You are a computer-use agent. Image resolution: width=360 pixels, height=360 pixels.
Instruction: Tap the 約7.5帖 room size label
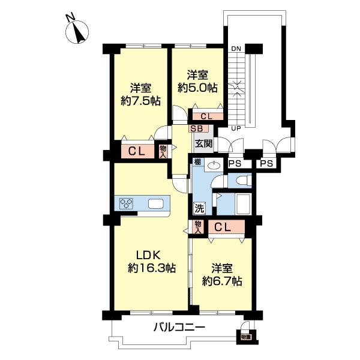[x=140, y=101]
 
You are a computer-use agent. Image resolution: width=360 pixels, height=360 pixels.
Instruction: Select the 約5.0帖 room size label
[x=198, y=88]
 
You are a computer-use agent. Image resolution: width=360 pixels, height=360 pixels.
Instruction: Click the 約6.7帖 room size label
[x=222, y=280]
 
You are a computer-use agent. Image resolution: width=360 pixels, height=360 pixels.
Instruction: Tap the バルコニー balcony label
[x=179, y=328]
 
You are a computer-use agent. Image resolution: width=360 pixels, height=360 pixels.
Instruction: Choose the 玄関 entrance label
[x=203, y=143]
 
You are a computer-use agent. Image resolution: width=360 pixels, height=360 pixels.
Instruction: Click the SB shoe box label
[x=196, y=128]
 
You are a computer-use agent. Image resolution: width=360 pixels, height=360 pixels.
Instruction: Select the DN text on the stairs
[x=236, y=47]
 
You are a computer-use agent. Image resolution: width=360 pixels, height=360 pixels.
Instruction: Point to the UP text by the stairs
[x=236, y=128]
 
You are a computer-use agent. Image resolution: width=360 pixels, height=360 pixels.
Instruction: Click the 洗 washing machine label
[x=199, y=209]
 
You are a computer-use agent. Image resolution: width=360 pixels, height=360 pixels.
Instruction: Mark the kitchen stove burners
[x=127, y=203]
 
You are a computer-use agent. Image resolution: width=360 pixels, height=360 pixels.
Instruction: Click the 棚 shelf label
[x=196, y=161]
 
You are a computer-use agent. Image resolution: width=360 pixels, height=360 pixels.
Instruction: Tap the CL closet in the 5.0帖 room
[x=206, y=116]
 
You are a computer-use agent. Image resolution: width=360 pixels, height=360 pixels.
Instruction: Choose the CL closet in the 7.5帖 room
[x=136, y=152]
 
